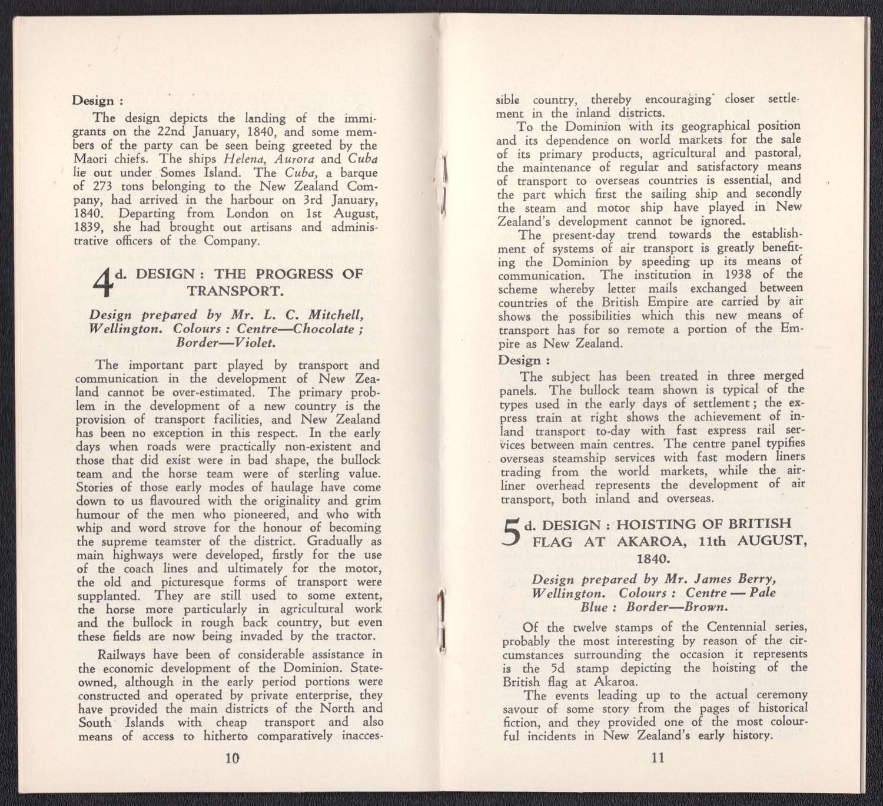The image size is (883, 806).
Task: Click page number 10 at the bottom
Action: pos(233,758)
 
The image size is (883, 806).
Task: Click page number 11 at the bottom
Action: pos(658,758)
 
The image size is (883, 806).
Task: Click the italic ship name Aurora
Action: pos(295,159)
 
